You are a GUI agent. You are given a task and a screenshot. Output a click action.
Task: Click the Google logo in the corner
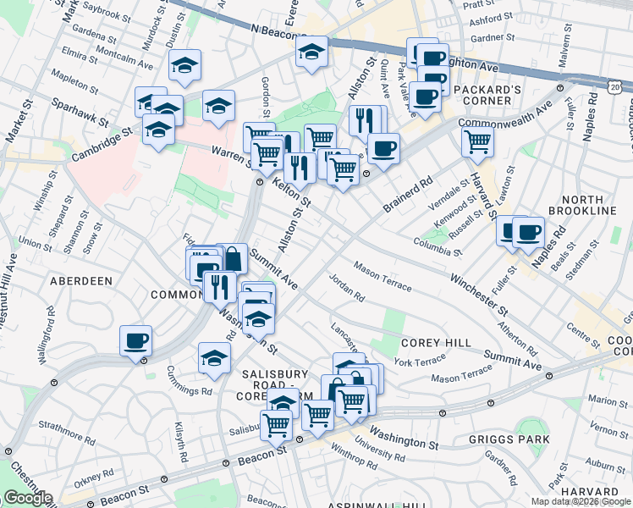point(28,498)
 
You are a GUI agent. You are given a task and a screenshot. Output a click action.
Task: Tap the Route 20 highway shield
point(615,86)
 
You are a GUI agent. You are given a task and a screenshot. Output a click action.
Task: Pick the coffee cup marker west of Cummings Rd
point(135,340)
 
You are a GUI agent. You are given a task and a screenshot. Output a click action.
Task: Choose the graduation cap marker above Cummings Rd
point(215,358)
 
